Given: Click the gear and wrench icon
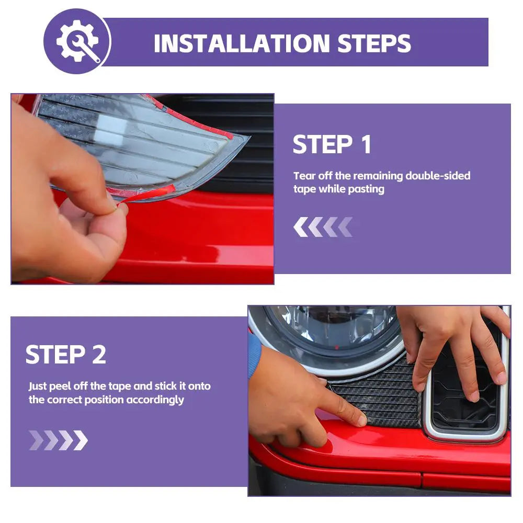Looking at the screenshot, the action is tap(78, 41).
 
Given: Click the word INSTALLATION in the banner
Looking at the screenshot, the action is tap(242, 43).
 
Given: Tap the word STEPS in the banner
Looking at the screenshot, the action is tap(374, 43).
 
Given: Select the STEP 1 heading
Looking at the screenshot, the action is tap(332, 144).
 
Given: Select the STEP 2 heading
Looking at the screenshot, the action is tap(66, 354).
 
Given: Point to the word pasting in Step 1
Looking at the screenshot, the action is tap(366, 189).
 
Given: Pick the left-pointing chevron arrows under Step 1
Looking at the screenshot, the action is tap(323, 227).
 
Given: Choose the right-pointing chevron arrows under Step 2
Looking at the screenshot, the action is tap(59, 440).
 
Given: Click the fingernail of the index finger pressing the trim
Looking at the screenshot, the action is tap(361, 420).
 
